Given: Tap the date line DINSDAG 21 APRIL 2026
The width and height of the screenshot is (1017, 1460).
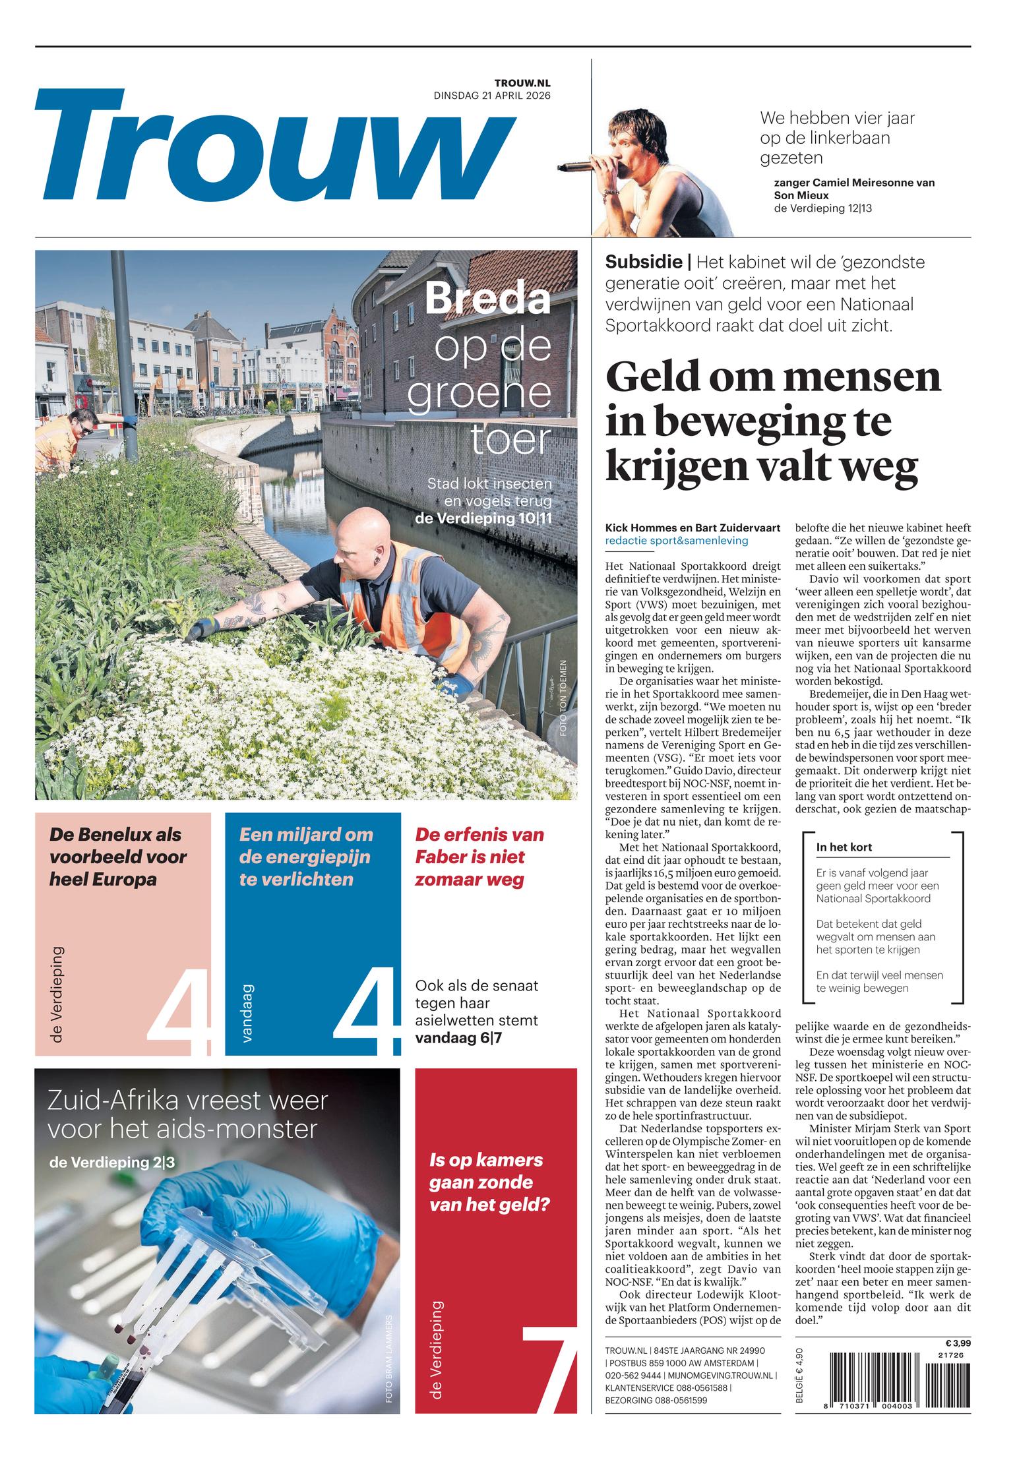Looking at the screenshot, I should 491,95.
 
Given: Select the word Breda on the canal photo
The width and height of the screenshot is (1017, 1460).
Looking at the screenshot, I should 487,298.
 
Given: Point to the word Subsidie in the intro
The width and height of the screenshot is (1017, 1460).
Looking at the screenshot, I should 644,262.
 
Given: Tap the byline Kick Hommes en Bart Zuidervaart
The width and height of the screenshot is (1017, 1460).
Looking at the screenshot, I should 693,528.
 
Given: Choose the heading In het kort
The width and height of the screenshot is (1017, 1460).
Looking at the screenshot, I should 844,847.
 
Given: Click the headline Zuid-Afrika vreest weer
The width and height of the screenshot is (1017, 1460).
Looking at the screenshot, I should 187,1114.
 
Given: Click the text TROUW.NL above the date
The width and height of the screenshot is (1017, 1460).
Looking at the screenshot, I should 522,82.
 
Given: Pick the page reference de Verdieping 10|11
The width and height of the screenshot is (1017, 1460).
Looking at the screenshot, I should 483,518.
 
